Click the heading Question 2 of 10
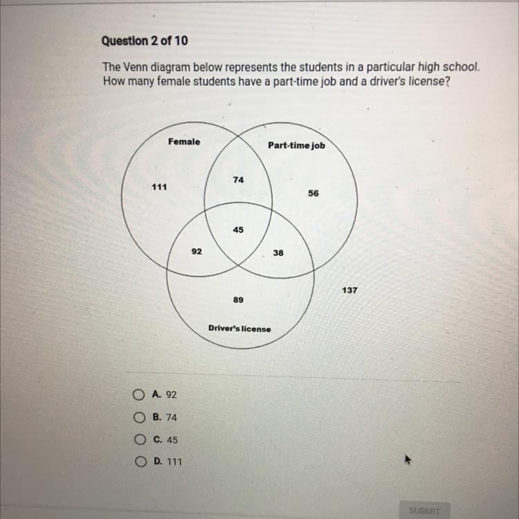click(145, 41)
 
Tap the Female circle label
click(184, 142)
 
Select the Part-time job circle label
click(296, 146)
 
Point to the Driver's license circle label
click(240, 328)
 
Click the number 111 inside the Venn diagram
click(158, 187)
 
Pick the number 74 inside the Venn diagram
click(239, 179)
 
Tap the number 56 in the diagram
click(314, 194)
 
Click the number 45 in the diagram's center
click(238, 229)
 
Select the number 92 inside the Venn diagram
click(197, 252)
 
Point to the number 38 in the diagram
click(278, 253)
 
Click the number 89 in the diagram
click(238, 300)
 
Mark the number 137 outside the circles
click(349, 290)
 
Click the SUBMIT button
click(424, 511)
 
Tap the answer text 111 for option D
click(174, 462)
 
